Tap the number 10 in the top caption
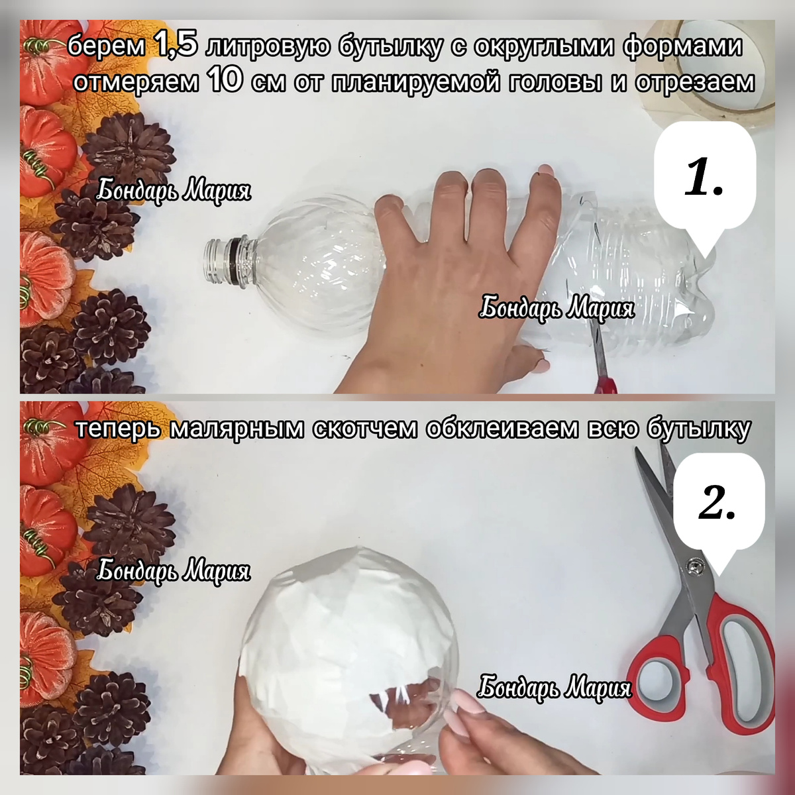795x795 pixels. (226, 79)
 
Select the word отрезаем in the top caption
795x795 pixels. (694, 82)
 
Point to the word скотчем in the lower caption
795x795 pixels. (365, 429)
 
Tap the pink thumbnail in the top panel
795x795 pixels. (541, 363)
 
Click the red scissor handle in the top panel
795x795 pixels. (606, 383)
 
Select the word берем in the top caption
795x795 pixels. (106, 47)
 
